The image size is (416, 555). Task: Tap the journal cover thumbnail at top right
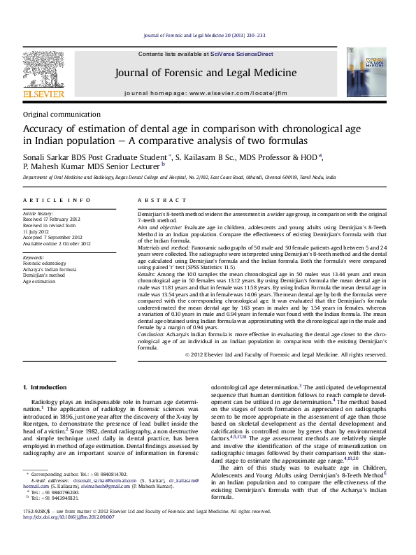[366, 72]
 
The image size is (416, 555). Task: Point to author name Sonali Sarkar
[44, 156]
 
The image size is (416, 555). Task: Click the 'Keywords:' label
[35, 257]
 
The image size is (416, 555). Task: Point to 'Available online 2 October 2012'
[57, 243]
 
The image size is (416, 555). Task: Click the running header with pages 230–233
[204, 35]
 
